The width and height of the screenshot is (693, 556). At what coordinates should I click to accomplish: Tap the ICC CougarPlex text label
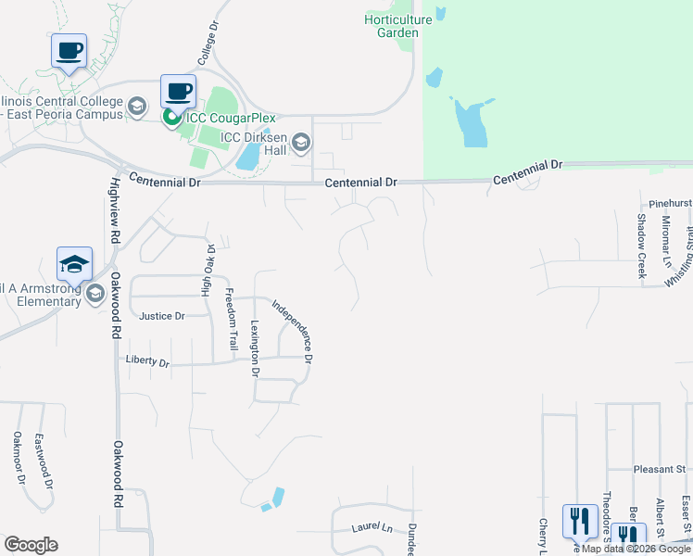222,117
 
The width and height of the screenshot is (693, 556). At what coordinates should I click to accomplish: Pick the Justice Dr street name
161,316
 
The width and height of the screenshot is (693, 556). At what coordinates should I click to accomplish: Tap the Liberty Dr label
151,363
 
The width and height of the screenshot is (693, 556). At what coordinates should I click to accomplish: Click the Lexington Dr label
255,348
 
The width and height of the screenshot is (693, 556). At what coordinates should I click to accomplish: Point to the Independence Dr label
294,330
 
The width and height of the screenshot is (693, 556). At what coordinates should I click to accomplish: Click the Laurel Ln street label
372,528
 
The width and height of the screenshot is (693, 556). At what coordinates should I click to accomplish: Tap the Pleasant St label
659,470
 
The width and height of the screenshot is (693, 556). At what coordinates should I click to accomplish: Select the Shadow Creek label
640,246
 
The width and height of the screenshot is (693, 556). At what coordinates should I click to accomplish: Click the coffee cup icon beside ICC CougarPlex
178,92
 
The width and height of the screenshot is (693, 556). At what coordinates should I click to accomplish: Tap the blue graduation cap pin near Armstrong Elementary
74,264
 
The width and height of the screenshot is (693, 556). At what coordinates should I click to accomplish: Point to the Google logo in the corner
31,545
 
